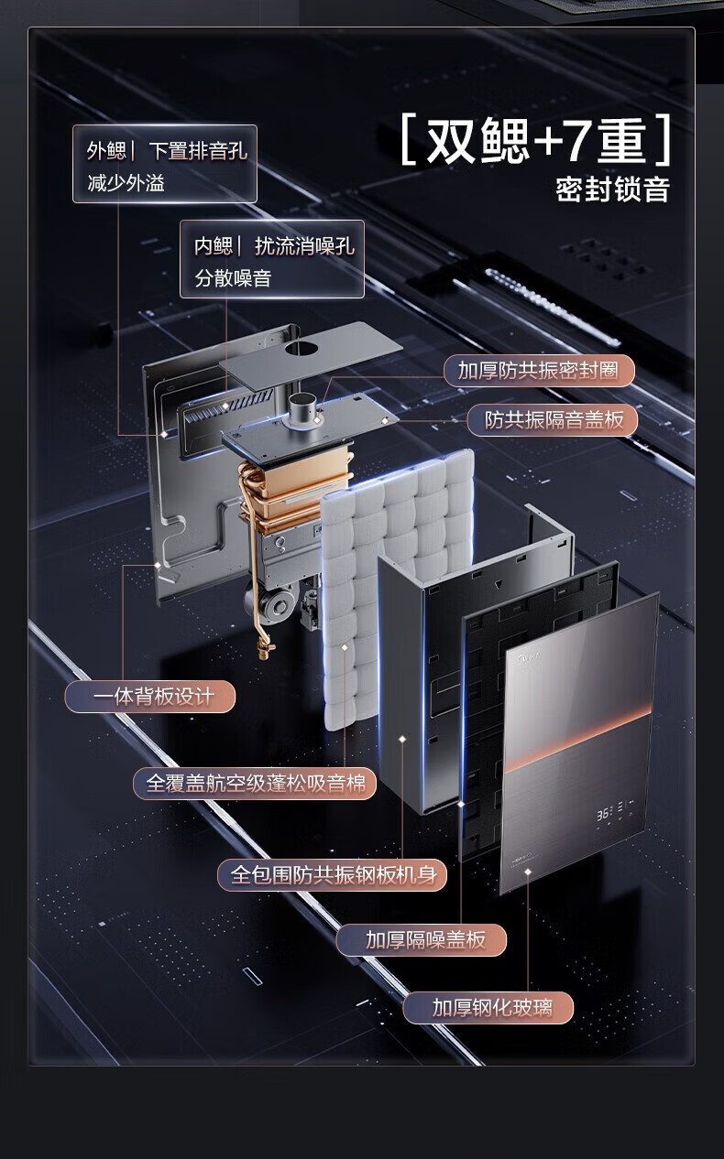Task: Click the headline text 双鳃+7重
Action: (536, 141)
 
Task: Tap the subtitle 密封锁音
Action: (612, 189)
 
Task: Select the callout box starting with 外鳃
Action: (165, 164)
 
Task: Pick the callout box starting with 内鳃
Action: (272, 260)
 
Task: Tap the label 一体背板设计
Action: (150, 697)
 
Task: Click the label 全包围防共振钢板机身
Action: (332, 874)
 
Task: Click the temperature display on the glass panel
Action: (604, 813)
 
